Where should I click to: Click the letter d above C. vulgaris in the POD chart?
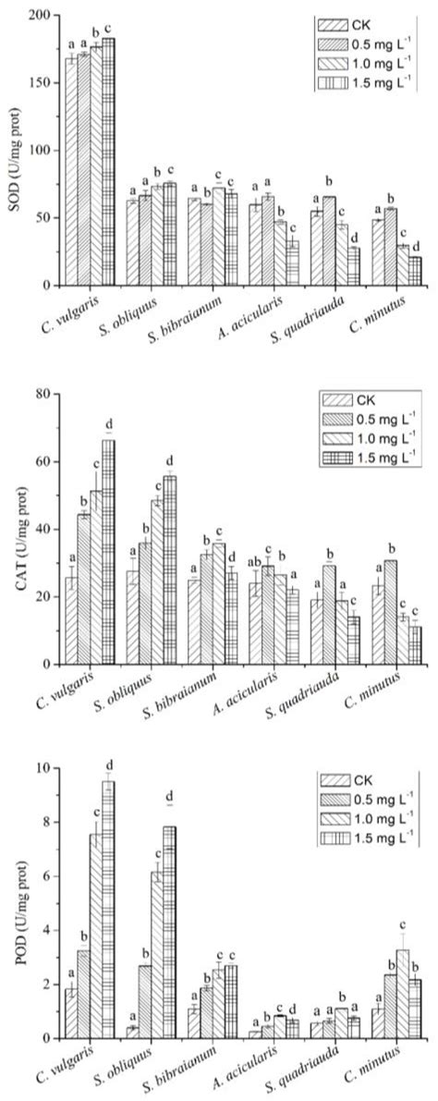coord(109,765)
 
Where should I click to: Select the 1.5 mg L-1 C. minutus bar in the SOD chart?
coord(415,272)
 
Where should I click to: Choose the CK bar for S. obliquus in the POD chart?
coord(133,1033)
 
